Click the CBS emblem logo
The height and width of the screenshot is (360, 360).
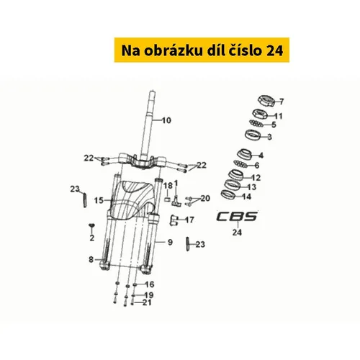click(237, 216)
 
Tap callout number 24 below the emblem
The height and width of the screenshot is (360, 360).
click(237, 233)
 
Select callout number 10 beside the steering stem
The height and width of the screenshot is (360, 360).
click(166, 120)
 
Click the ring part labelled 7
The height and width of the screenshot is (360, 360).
click(266, 101)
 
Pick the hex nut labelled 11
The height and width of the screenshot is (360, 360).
click(260, 114)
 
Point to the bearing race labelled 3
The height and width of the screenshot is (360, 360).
click(253, 135)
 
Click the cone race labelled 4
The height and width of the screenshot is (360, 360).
click(244, 154)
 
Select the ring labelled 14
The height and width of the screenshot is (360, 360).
click(228, 194)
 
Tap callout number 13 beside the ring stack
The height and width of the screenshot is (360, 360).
click(251, 187)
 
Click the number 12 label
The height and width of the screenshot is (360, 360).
click(256, 178)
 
